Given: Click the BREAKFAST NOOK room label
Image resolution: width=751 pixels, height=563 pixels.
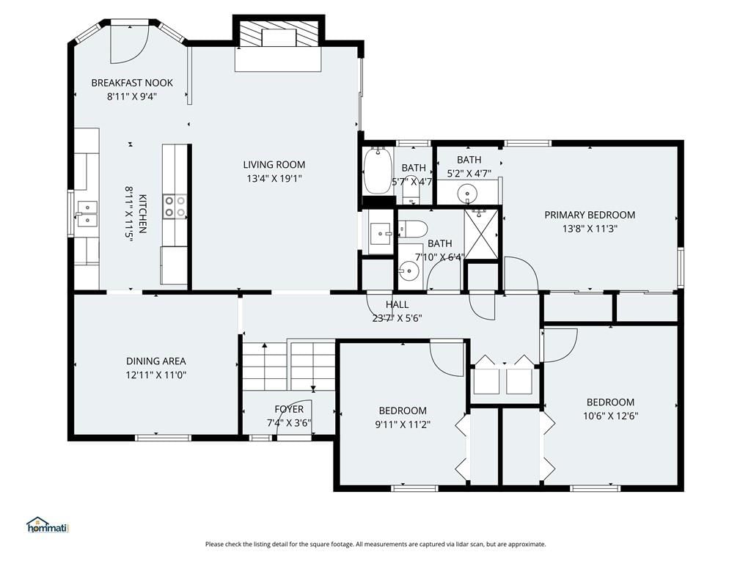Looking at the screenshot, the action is (132, 83).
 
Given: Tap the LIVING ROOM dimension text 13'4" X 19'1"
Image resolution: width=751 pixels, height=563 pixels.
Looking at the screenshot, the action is (274, 179).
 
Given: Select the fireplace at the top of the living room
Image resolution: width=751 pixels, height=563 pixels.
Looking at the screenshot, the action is (278, 34).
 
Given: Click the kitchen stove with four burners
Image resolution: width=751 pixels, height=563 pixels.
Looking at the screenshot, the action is (175, 206).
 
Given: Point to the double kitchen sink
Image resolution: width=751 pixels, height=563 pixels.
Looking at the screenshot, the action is (87, 213).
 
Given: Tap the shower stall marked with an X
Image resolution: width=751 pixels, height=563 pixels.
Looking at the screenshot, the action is (482, 235).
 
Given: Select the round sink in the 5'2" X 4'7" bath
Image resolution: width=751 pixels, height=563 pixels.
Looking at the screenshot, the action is (467, 194).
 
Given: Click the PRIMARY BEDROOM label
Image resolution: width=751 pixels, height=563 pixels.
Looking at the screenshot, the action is (590, 215).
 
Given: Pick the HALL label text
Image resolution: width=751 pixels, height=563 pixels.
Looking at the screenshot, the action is (397, 304).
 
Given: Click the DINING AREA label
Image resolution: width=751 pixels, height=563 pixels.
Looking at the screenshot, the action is (155, 361).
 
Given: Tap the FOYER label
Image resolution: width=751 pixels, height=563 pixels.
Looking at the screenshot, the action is (289, 409).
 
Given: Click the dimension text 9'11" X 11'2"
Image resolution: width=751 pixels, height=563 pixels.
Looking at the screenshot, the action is (403, 424).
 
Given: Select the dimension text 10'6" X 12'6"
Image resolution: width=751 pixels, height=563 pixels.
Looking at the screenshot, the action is (610, 416).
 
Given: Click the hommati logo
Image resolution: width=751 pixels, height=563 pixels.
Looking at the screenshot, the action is (48, 525).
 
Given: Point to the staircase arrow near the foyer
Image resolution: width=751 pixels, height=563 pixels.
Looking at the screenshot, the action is (313, 389).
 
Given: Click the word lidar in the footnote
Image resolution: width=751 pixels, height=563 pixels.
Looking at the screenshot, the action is (453, 545).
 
